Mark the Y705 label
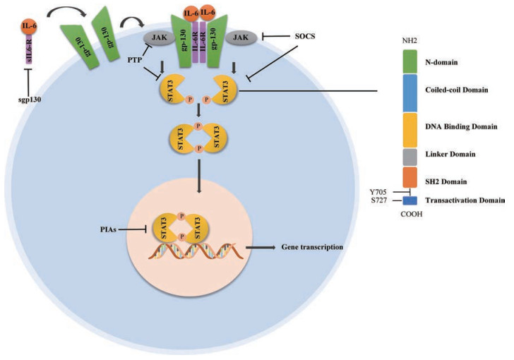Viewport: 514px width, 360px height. click(x=381, y=191)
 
